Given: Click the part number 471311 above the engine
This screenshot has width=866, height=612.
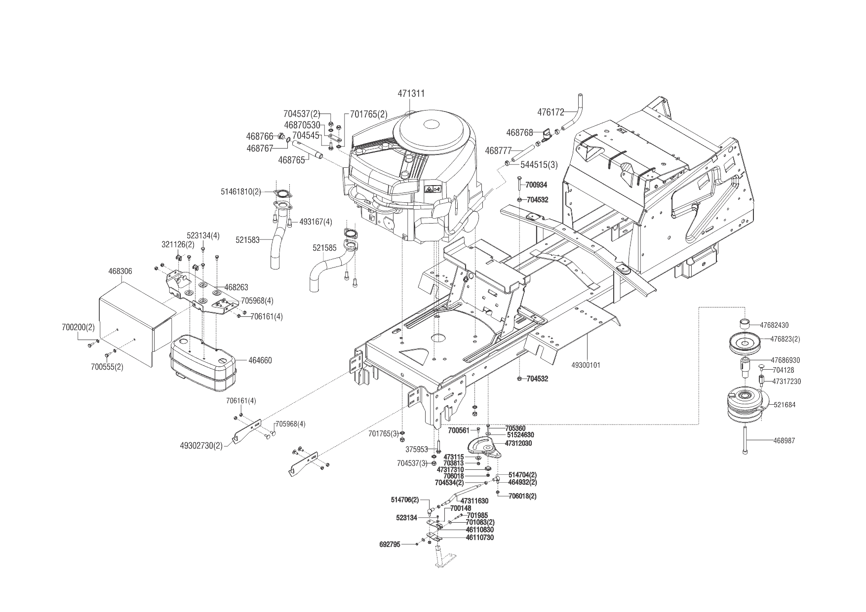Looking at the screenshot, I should tap(411, 93).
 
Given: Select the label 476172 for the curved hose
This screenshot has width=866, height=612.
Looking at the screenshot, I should tap(551, 113).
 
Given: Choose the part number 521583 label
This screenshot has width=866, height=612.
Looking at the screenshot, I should tap(247, 239).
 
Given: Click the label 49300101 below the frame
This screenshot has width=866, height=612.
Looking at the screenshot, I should tap(586, 366).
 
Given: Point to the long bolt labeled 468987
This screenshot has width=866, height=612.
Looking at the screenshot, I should tap(744, 439).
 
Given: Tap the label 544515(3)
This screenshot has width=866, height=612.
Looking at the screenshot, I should tap(539, 165).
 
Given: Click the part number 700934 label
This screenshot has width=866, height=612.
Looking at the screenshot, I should tap(537, 185).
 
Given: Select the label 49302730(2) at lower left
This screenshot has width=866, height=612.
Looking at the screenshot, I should tap(201, 445).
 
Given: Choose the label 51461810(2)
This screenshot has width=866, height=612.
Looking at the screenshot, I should tap(241, 191).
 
